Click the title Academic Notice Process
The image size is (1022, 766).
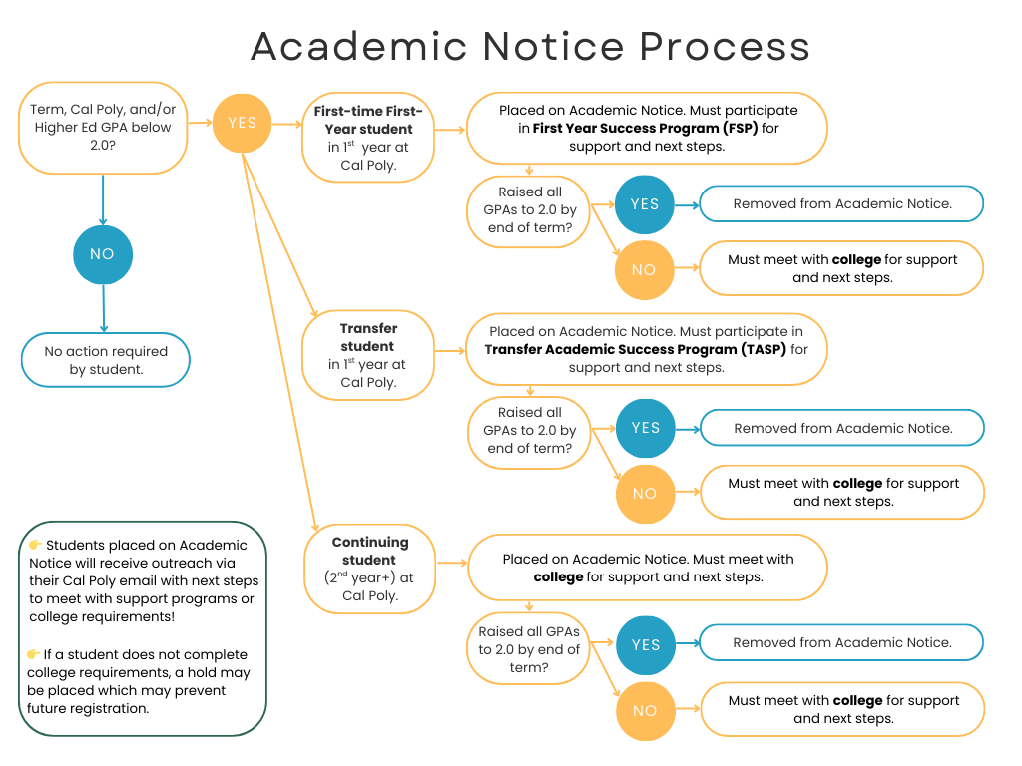click(x=530, y=47)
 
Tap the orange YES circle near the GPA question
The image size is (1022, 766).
click(x=243, y=123)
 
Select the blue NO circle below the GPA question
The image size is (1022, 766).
click(x=102, y=254)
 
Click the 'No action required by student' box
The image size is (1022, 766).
click(x=106, y=360)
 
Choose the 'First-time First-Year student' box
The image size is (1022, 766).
click(x=368, y=138)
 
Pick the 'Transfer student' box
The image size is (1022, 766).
click(x=368, y=355)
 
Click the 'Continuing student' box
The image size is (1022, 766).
click(x=369, y=569)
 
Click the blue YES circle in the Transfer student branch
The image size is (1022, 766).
click(x=645, y=428)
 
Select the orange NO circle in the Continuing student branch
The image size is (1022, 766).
click(x=645, y=711)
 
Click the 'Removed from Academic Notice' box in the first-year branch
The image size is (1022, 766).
click(x=841, y=203)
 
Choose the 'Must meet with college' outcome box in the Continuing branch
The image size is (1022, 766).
click(x=842, y=709)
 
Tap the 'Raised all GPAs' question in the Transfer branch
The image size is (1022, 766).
click(x=531, y=430)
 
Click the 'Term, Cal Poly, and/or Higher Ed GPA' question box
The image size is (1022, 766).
click(x=103, y=128)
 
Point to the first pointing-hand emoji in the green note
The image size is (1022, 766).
click(x=35, y=546)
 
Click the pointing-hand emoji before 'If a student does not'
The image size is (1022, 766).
click(x=35, y=655)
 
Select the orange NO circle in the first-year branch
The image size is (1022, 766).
click(x=644, y=270)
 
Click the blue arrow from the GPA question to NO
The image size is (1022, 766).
click(x=103, y=199)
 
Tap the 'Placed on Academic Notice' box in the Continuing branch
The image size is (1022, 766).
click(x=647, y=568)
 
